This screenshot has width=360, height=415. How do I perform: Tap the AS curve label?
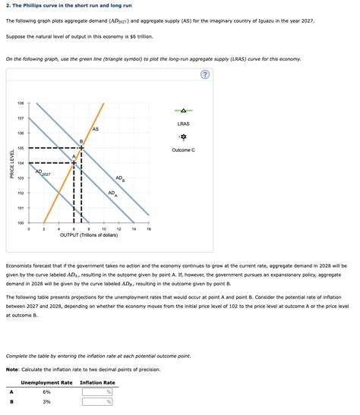pos(95,129)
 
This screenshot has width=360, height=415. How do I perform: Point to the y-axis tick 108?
pos(21,103)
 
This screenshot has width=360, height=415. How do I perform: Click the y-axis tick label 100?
pos(21,222)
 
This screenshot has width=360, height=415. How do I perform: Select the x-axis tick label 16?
pos(149,229)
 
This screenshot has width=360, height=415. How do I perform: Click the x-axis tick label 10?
pos(104,229)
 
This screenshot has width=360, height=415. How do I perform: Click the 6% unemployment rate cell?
pos(46,392)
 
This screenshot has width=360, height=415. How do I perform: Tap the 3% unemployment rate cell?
pos(46,402)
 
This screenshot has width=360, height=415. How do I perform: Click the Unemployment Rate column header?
pos(47,382)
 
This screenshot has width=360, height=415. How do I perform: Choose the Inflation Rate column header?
pos(97,382)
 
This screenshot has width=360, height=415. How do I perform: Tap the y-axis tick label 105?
pos(21,148)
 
